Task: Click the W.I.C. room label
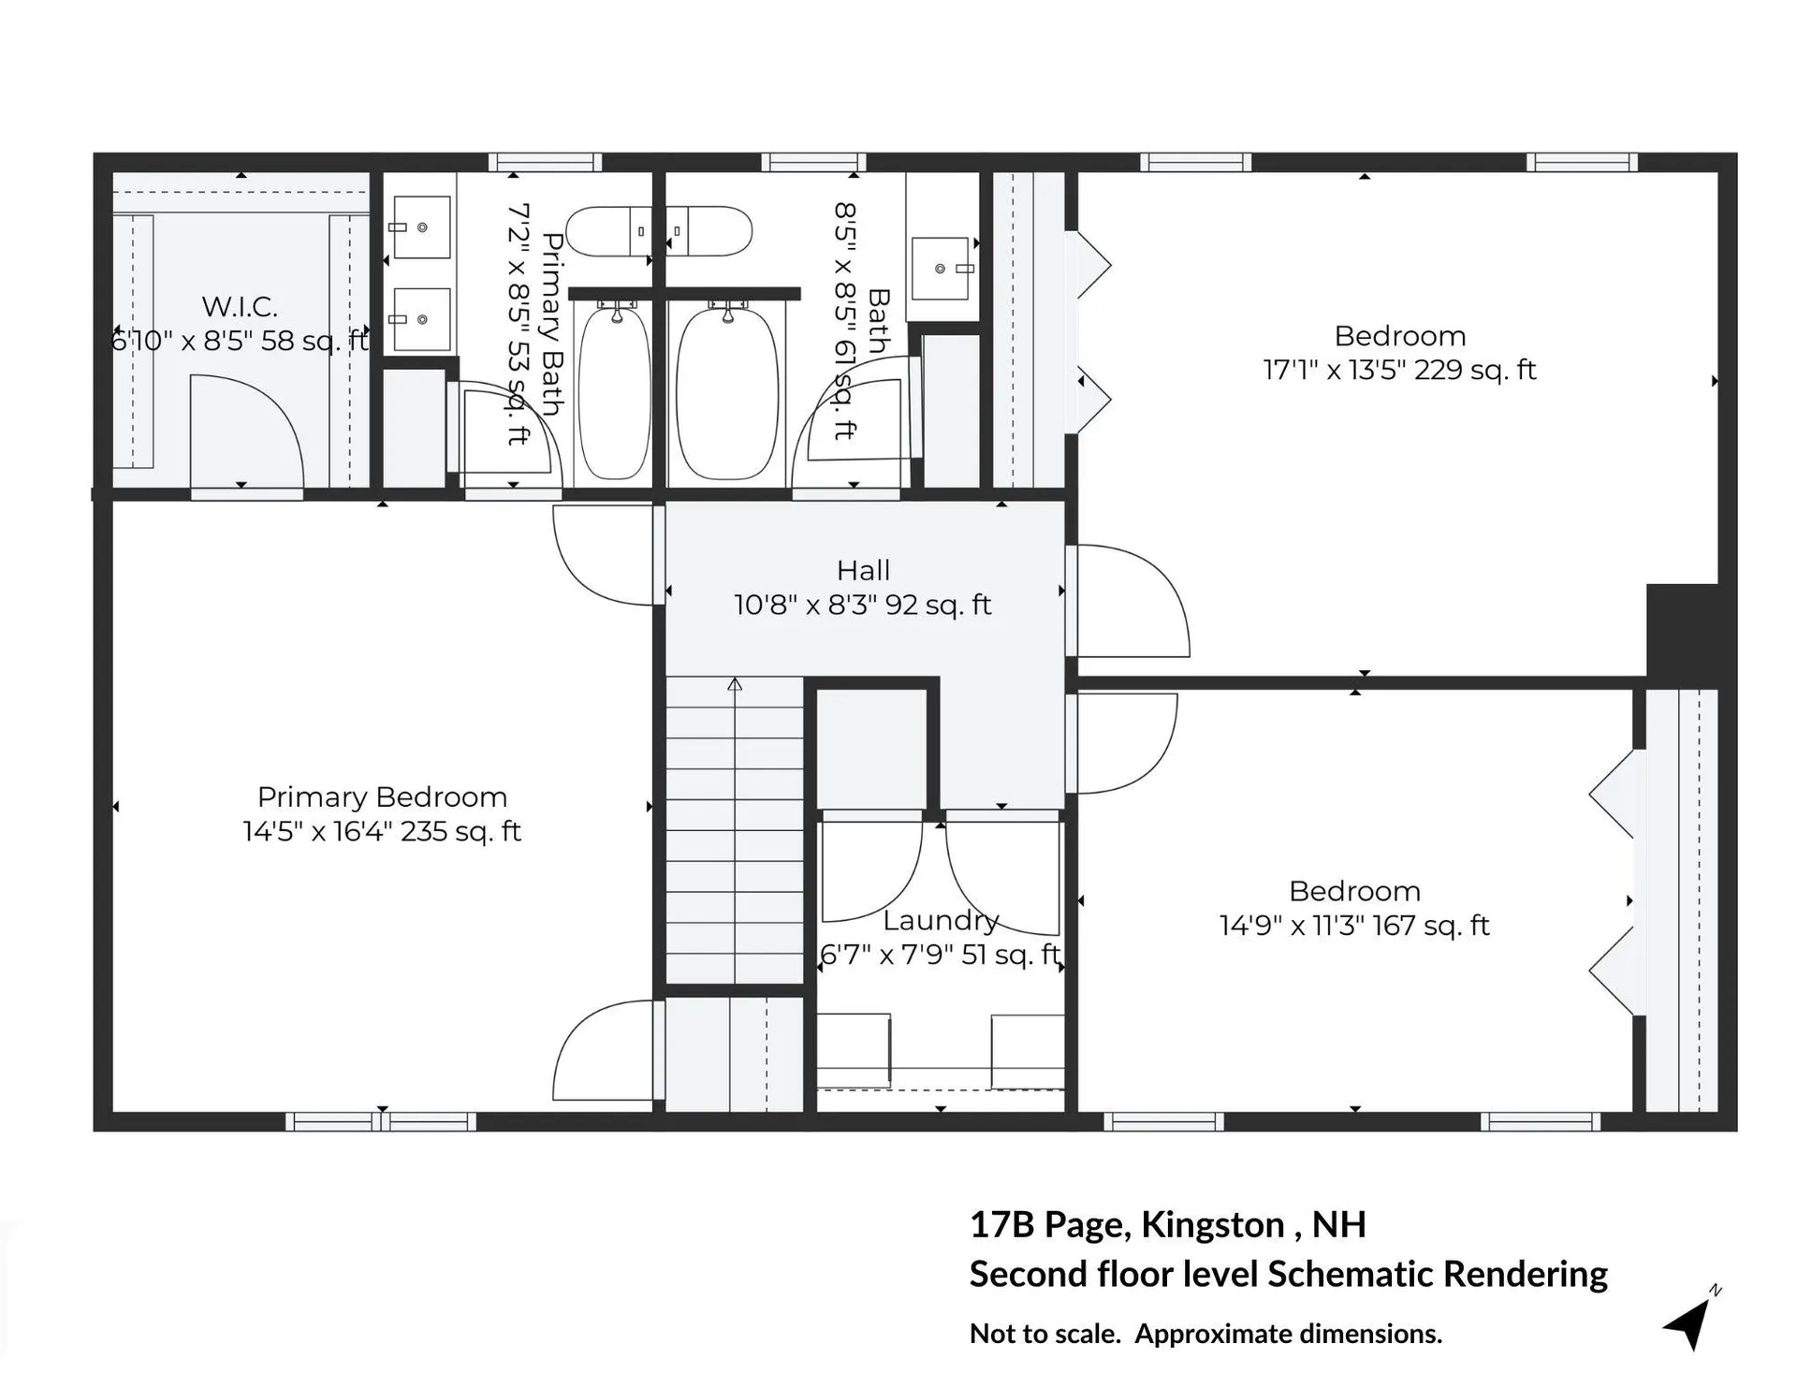[240, 307]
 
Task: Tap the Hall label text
[863, 570]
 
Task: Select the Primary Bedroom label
[382, 797]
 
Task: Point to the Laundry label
[941, 921]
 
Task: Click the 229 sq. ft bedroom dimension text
[1400, 370]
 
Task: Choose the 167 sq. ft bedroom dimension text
[1354, 926]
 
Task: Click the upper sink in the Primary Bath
[421, 227]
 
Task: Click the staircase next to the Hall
[735, 830]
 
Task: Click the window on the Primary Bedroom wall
[381, 1121]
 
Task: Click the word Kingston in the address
[1213, 1225]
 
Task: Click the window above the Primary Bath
[545, 162]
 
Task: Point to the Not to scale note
[1045, 1334]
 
